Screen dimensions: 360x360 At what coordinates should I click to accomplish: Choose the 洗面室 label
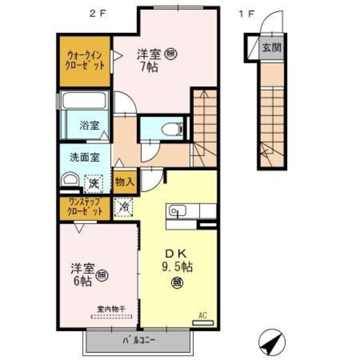point(85,157)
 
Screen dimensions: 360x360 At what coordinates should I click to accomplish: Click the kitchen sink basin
point(176,210)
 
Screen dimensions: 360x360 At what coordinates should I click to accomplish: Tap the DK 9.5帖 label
point(178,260)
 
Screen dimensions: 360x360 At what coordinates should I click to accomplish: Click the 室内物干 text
point(111,309)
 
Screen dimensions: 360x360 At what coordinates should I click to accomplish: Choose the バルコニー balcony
point(139,340)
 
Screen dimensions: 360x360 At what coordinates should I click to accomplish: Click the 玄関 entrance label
point(271,48)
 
